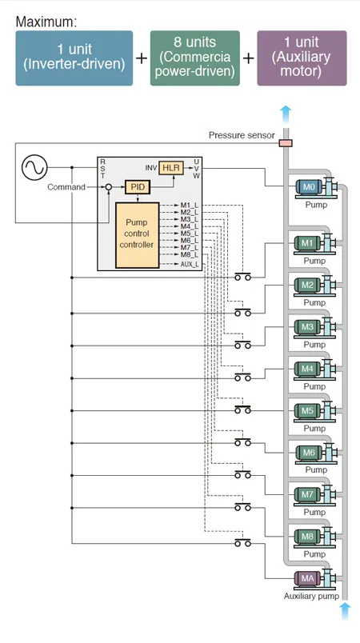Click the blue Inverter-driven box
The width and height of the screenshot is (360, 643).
tap(74, 58)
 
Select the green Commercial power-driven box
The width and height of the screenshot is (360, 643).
tap(194, 58)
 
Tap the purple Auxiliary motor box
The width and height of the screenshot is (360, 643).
tap(302, 58)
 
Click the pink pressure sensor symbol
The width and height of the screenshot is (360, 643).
tap(286, 142)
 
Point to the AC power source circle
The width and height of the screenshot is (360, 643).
tap(34, 167)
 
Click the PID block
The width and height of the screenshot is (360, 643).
tap(138, 187)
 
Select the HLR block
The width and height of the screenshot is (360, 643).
tap(171, 168)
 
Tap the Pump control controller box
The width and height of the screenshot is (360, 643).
tap(137, 235)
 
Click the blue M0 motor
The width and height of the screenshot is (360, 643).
tap(309, 187)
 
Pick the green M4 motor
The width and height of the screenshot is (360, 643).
tap(307, 369)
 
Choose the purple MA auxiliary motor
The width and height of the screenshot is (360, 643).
tap(307, 578)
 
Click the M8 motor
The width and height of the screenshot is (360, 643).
tap(307, 537)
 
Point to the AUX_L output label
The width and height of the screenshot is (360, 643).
tap(190, 264)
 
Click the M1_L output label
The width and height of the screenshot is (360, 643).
tap(190, 205)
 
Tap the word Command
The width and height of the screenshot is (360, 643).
tap(66, 187)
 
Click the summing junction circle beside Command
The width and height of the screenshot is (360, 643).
tap(108, 187)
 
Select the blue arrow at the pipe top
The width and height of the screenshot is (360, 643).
tap(286, 115)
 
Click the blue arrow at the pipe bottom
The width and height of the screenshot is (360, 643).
tap(346, 612)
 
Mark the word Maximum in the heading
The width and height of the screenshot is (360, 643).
tap(46, 22)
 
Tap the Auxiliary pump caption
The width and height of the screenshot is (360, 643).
tap(312, 597)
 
